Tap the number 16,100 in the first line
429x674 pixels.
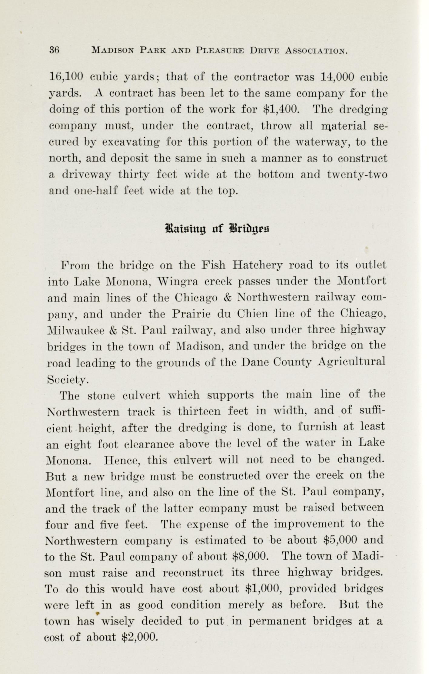click(x=66, y=77)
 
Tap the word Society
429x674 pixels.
click(x=67, y=379)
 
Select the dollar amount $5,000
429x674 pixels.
click(x=340, y=540)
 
